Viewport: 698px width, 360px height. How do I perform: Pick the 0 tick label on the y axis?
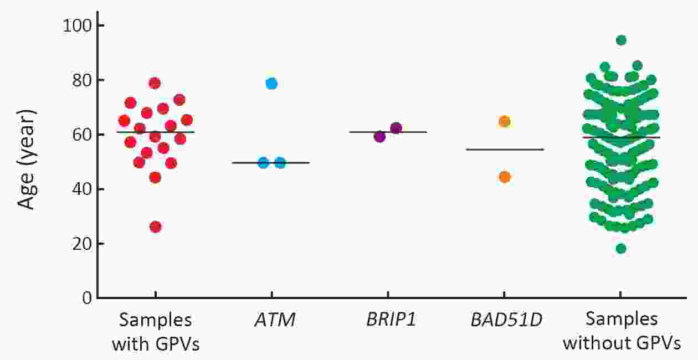coord(85,299)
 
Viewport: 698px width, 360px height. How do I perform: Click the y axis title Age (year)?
coord(27,160)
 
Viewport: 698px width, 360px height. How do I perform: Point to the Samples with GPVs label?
coord(156,332)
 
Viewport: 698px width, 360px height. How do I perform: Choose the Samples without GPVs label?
coord(622,332)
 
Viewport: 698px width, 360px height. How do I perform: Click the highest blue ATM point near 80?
coord(271,84)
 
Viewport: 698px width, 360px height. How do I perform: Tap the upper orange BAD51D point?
coord(504,121)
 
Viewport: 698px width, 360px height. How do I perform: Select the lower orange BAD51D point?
coord(504,177)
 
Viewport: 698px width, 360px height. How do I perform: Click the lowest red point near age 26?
coord(156,227)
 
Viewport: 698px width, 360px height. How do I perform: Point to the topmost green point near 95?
coord(621,40)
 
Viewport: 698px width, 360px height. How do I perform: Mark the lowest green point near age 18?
coord(621,248)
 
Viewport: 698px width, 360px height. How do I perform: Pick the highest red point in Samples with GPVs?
coord(155,83)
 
